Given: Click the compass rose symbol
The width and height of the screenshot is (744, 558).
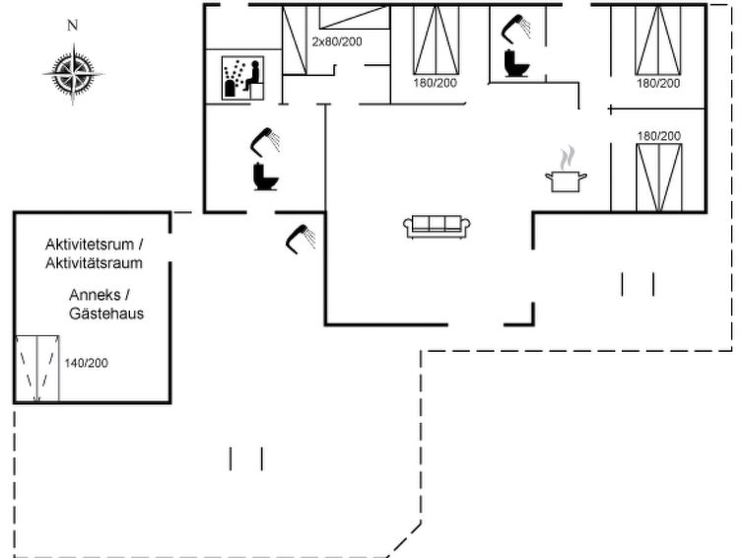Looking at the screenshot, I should [x=73, y=73].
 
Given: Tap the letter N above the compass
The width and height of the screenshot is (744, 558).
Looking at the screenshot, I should [x=72, y=27].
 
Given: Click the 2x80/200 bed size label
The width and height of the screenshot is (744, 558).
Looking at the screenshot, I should [x=336, y=42].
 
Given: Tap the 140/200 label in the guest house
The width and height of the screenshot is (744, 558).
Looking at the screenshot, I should [x=86, y=364].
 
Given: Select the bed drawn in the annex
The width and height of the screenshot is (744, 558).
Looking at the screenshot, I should [x=36, y=369].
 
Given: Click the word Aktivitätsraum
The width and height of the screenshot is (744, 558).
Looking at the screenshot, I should [x=95, y=262].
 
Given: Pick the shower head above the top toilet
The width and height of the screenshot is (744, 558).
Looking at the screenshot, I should [x=516, y=26].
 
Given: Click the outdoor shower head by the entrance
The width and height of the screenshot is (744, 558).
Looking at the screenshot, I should [x=299, y=238].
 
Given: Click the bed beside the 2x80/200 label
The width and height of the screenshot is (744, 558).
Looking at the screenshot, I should [x=296, y=39].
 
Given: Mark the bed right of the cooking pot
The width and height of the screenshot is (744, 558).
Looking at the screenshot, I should [x=659, y=175].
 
